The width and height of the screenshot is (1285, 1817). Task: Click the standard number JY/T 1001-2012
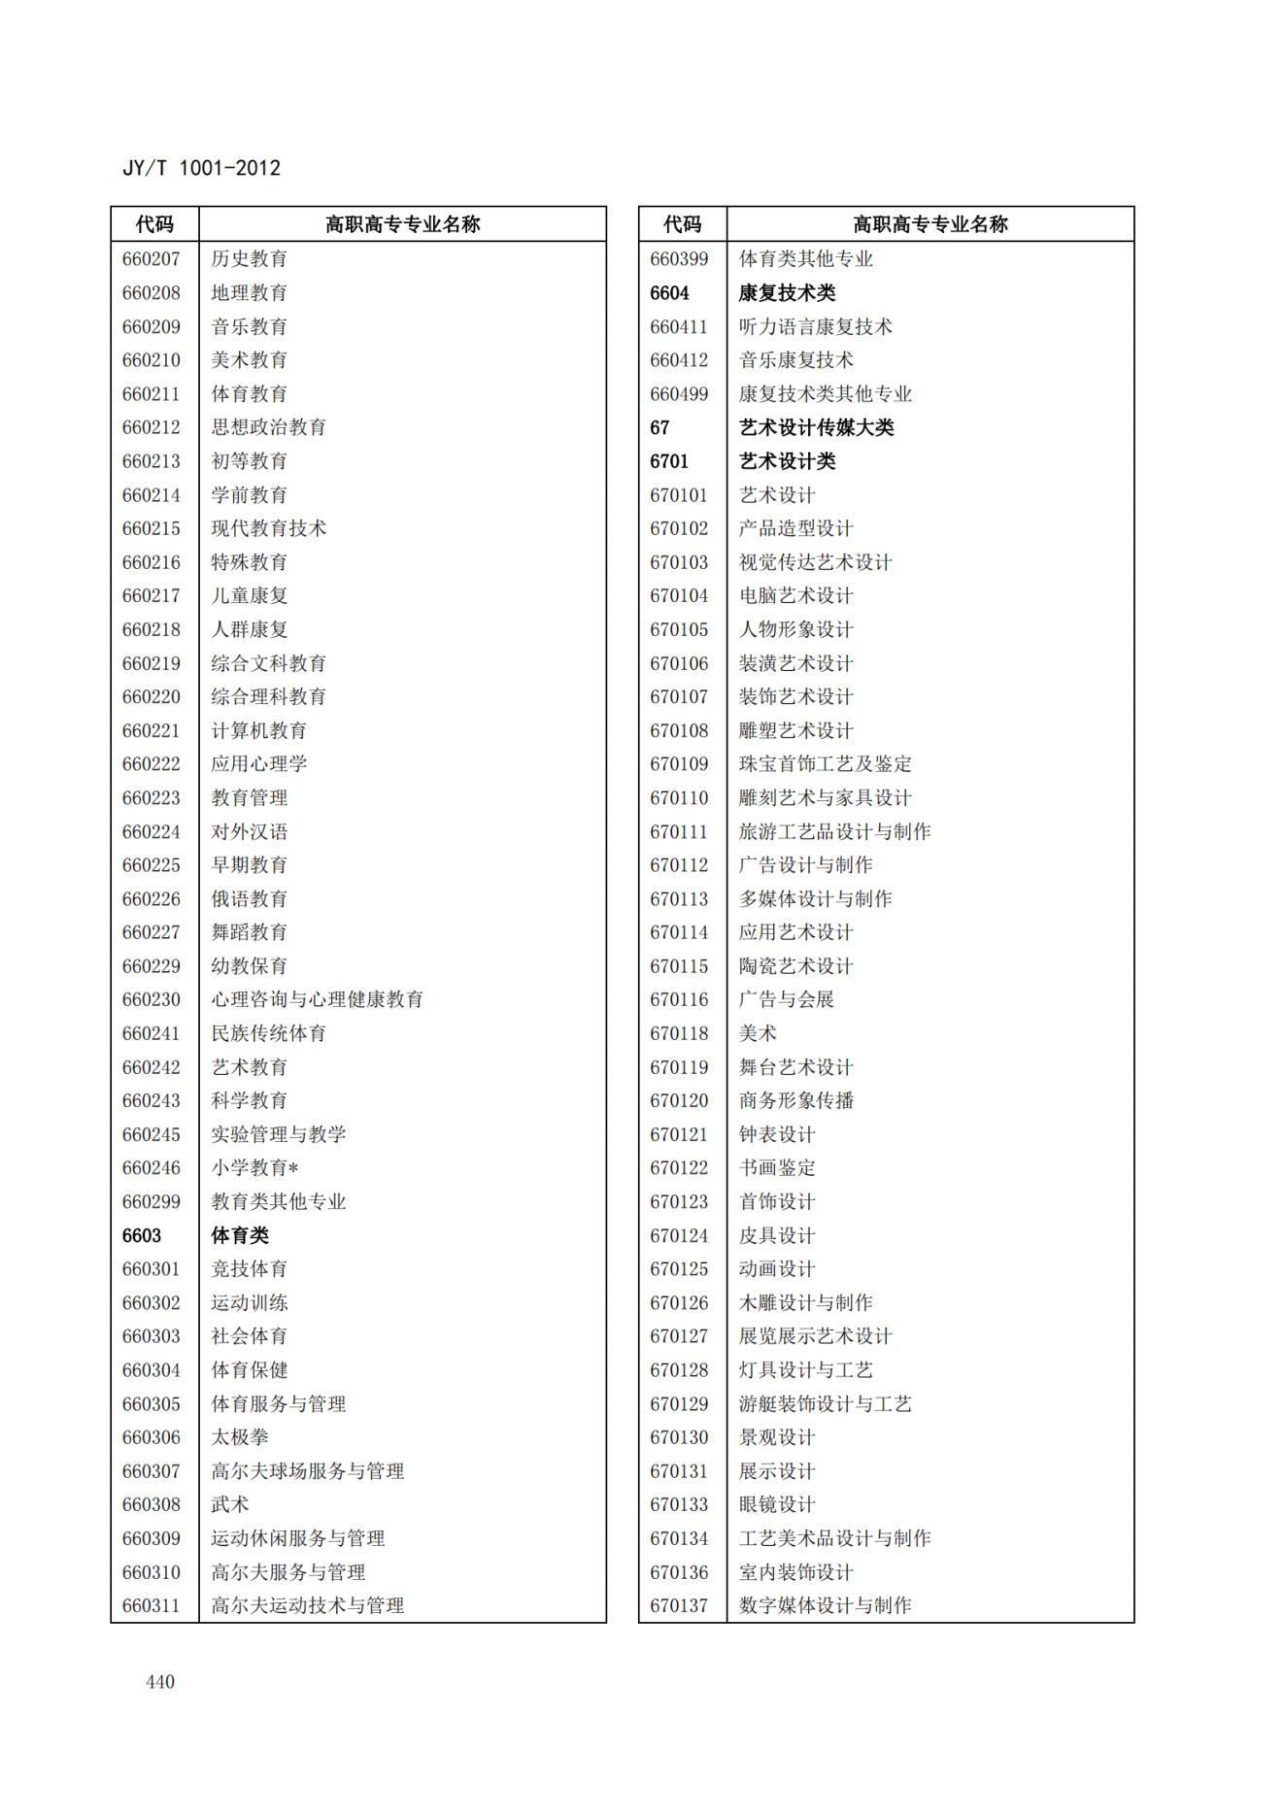[x=201, y=168]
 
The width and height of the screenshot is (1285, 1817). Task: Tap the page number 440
[x=160, y=1681]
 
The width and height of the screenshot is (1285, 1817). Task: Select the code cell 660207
[x=152, y=259]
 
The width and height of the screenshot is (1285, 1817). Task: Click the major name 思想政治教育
[x=269, y=427]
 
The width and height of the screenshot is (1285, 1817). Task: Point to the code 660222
[x=152, y=764]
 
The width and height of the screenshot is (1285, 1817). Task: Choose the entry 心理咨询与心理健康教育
[x=318, y=999]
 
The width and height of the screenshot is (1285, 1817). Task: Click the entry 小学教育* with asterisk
[x=254, y=1168]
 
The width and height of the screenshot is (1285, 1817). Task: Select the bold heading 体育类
[x=240, y=1235]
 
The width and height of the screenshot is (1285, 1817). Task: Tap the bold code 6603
[x=142, y=1235]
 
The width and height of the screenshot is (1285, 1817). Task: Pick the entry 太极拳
[x=240, y=1437]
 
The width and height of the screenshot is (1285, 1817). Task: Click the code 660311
[x=152, y=1605]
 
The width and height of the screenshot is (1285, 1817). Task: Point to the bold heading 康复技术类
[x=787, y=293]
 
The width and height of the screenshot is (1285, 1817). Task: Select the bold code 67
[x=660, y=427]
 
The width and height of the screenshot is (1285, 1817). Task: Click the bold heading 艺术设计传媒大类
[x=816, y=427]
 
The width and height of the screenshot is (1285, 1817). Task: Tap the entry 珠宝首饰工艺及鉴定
[x=826, y=764]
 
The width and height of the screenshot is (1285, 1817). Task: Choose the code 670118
[x=679, y=1033]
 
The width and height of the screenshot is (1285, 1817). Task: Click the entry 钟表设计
[x=777, y=1134]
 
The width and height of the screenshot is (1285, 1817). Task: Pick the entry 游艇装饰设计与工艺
[x=826, y=1403]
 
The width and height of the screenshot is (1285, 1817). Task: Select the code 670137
[x=679, y=1605]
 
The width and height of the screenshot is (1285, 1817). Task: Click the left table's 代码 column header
[x=154, y=224]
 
